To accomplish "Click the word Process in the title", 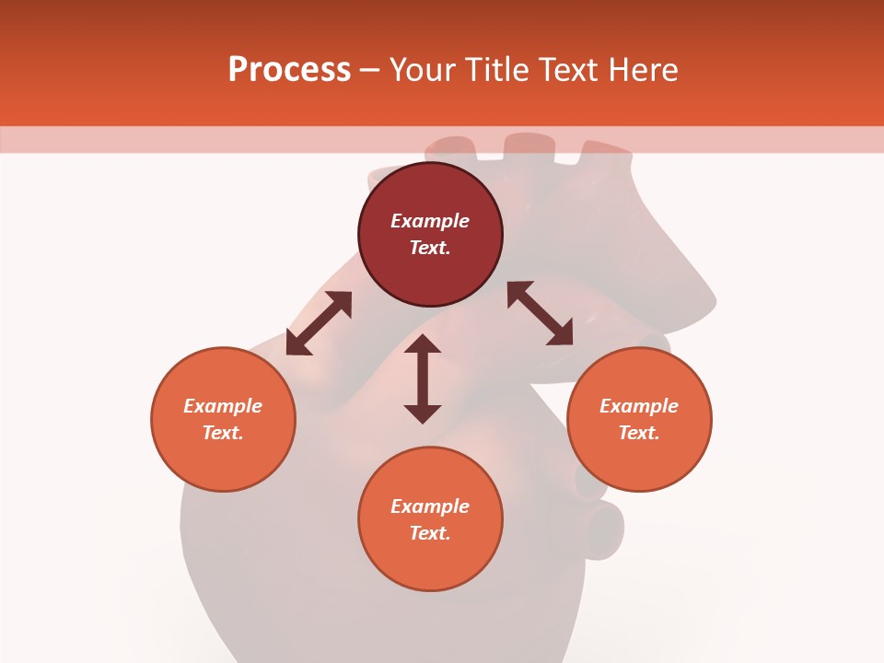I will [289, 70].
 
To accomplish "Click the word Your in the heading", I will [424, 70].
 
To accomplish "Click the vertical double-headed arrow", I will [423, 378].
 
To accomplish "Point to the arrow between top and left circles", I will [319, 323].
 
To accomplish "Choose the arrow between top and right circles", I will [541, 314].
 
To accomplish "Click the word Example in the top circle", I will [430, 221].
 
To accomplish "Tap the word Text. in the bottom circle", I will [430, 533].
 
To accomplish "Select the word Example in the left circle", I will [223, 406].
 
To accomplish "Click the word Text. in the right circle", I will [639, 433].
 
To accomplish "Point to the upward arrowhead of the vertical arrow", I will [423, 344].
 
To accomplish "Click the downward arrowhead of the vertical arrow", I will [423, 413].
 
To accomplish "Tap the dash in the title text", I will [370, 70].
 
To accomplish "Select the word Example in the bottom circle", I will [430, 506].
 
